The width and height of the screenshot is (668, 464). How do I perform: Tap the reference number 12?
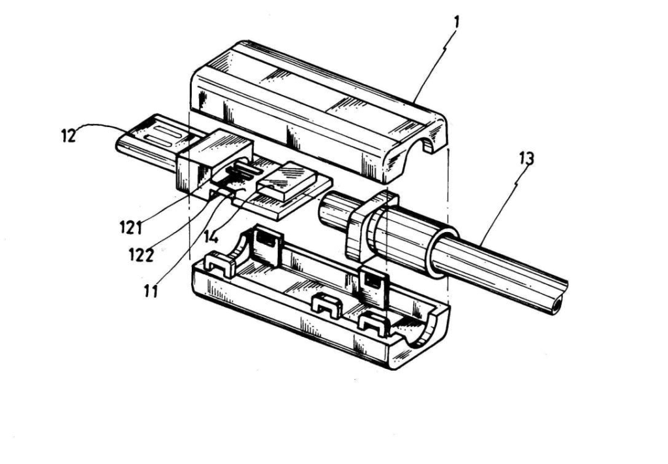(x=68, y=136)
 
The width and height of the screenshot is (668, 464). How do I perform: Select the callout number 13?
(x=526, y=159)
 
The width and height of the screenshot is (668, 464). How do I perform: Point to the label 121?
(x=130, y=227)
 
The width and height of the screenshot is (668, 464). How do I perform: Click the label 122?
(x=141, y=255)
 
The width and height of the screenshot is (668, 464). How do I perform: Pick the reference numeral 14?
(x=211, y=237)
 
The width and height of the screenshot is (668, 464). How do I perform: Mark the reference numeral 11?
(x=151, y=291)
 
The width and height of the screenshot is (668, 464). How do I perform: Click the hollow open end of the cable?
(x=557, y=306)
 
